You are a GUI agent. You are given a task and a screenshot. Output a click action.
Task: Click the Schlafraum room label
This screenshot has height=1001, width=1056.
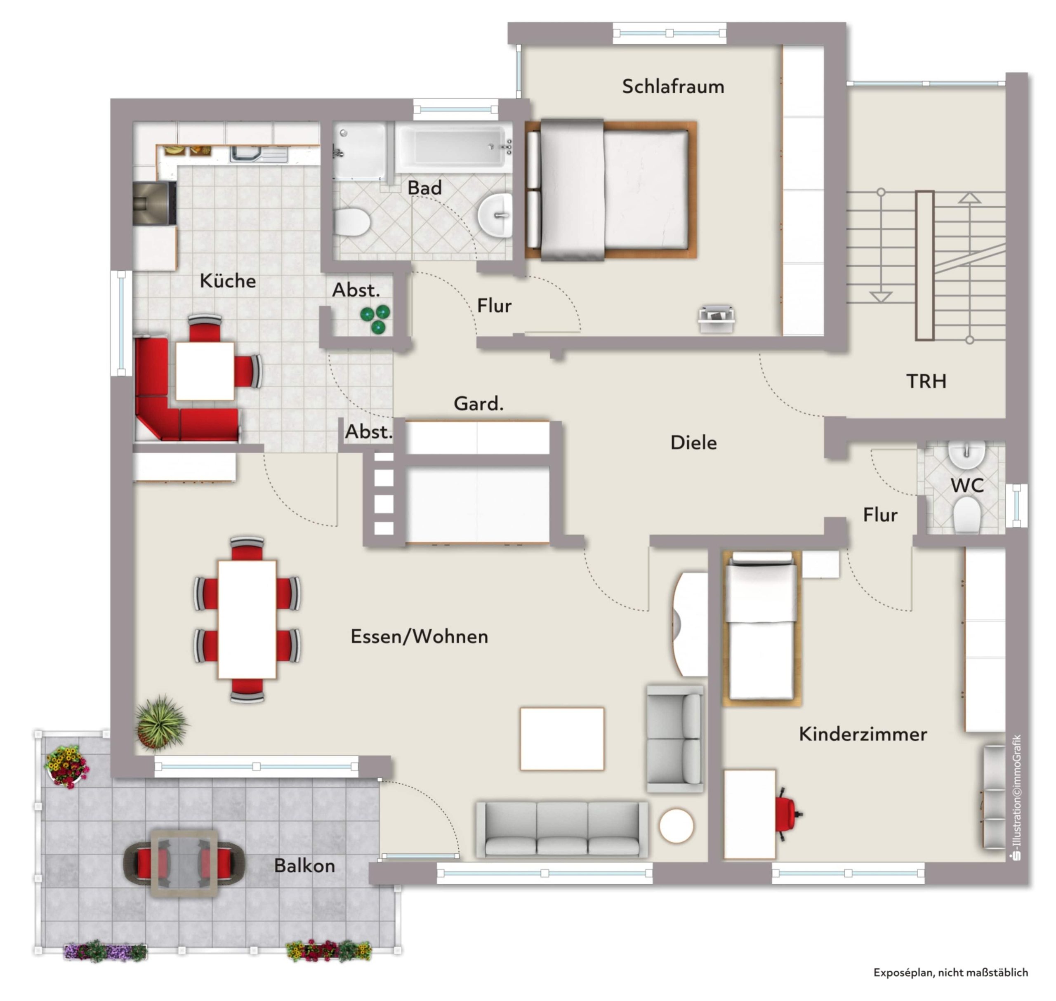click(x=673, y=87)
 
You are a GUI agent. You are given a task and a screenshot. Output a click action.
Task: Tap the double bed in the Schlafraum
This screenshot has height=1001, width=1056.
click(x=611, y=190)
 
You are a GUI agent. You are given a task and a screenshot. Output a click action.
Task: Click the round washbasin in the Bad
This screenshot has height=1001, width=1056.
click(x=495, y=214)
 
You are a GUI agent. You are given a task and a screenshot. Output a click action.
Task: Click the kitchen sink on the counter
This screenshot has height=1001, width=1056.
click(x=259, y=154)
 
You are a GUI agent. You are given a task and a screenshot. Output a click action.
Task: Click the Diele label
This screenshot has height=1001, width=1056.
click(x=693, y=442)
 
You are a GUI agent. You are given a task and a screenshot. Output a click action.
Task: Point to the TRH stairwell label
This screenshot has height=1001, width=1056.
click(x=926, y=381)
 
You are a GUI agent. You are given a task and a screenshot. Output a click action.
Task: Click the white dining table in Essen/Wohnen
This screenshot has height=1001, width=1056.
click(x=247, y=619)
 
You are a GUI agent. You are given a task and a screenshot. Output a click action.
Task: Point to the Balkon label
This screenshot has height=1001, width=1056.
click(x=305, y=865)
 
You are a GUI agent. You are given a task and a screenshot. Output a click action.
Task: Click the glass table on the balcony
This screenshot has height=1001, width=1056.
click(x=184, y=863)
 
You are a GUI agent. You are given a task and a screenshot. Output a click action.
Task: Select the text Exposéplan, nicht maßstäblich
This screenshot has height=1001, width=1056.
click(x=950, y=972)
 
